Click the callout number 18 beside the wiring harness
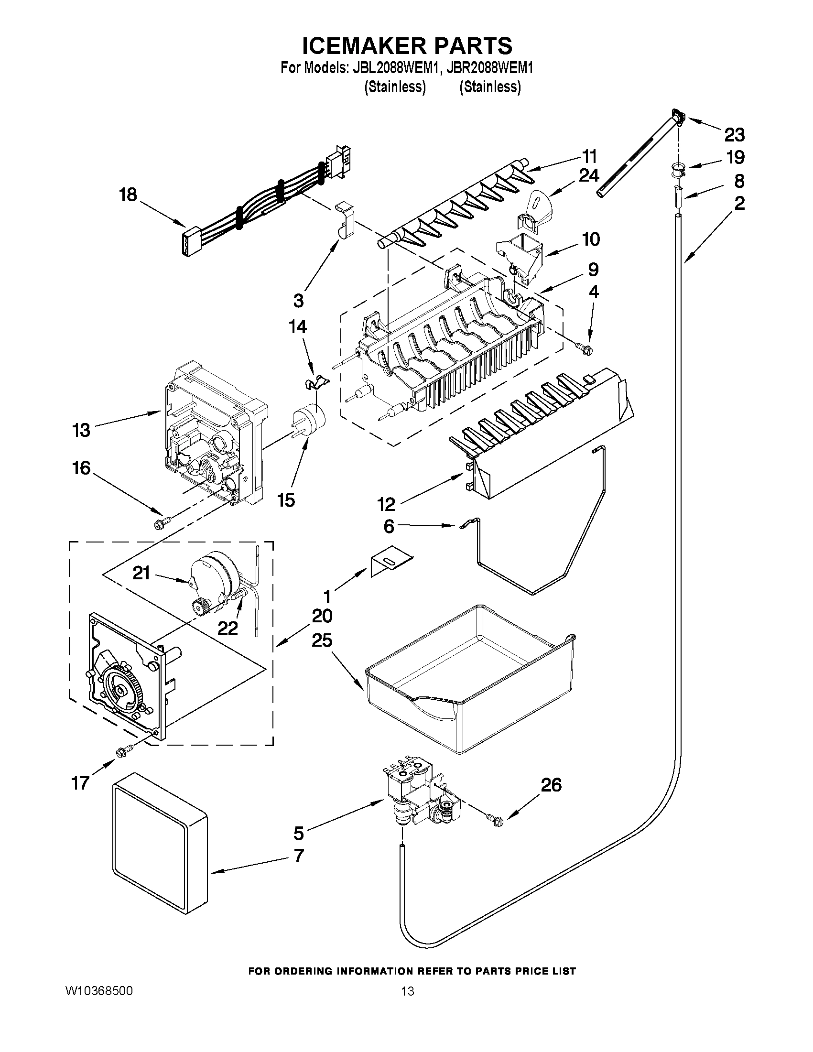(x=128, y=195)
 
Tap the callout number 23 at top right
(x=734, y=135)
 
